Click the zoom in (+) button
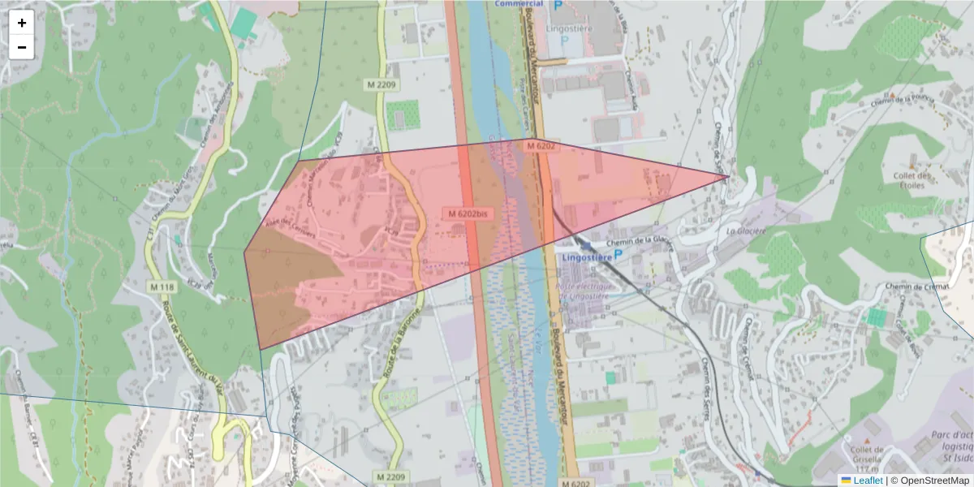22,23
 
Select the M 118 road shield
162,287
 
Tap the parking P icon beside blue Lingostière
619,255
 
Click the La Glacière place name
747,231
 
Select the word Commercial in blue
519,4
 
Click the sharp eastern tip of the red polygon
727,175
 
